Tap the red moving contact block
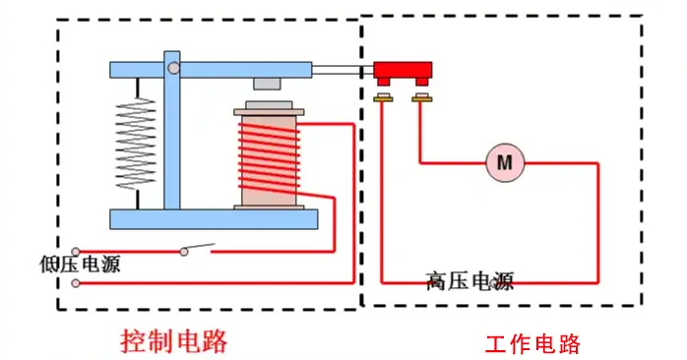pos(403,71)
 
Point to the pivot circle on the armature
pos(173,69)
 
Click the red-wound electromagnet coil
pos(267,157)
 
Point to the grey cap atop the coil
pos(268,104)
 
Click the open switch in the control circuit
pos(198,248)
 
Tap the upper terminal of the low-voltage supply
pos(76,251)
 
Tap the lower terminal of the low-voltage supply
pos(76,283)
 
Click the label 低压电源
pos(80,266)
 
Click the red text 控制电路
pos(174,341)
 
